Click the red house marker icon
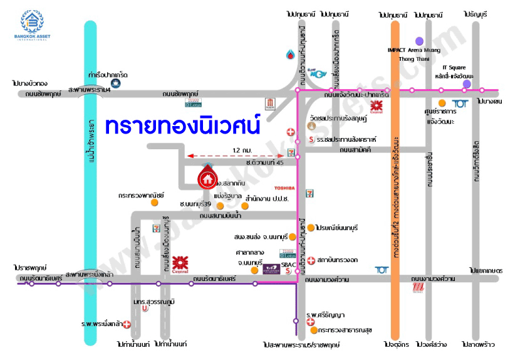[x=207, y=178]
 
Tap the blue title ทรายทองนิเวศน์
[x=182, y=125]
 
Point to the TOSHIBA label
[x=283, y=188]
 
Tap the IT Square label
[x=454, y=68]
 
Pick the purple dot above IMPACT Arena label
[x=419, y=41]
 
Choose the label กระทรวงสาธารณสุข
[x=345, y=329]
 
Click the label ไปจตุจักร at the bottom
[x=396, y=345]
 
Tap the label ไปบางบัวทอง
[x=29, y=83]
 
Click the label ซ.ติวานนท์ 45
[x=265, y=163]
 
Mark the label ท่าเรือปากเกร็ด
[x=109, y=73]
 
